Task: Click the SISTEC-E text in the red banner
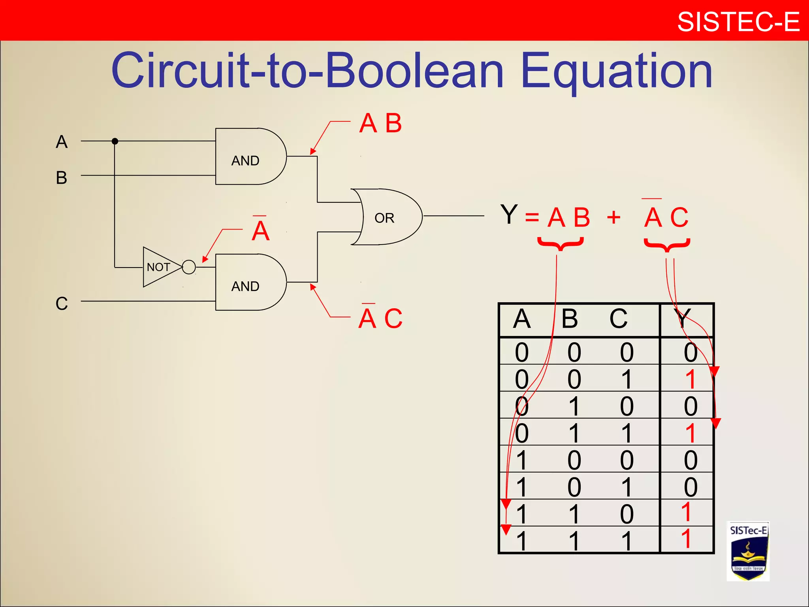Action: tap(738, 22)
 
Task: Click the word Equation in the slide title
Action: tap(616, 71)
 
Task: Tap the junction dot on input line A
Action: tap(115, 141)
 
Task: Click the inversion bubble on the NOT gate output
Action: tap(189, 267)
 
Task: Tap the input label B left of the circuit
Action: tap(62, 178)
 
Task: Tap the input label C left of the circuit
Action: tap(62, 303)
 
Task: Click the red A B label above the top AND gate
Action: tap(380, 123)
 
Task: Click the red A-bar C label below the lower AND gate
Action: tap(380, 318)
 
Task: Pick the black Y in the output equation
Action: tap(509, 214)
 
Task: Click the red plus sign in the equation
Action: tap(613, 217)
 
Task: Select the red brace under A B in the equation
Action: tap(561, 244)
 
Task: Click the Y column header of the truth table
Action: tap(683, 319)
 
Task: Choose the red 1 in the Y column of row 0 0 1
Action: tap(690, 379)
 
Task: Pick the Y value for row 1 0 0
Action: tap(690, 460)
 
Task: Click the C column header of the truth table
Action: tap(618, 319)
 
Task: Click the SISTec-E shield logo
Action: tap(748, 551)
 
